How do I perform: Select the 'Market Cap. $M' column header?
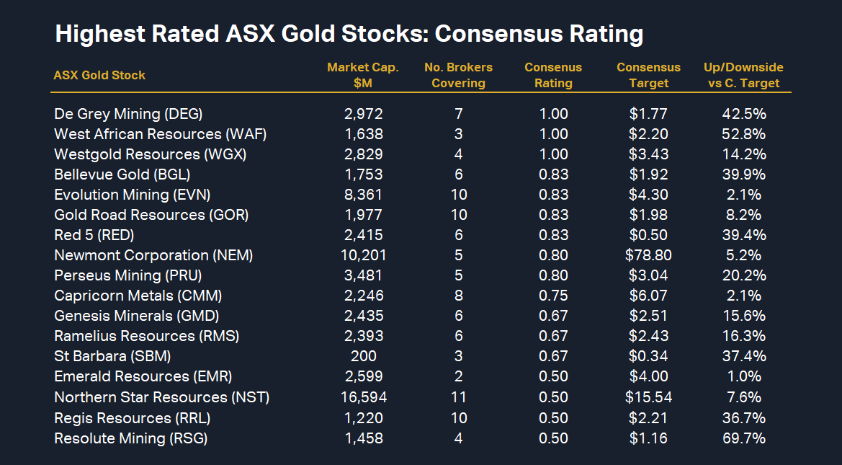click(363, 75)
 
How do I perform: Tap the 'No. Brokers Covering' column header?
click(458, 75)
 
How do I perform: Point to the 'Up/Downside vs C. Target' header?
click(743, 75)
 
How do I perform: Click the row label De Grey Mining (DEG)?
click(128, 114)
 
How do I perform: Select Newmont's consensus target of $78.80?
click(648, 255)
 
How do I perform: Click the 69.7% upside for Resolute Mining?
click(743, 438)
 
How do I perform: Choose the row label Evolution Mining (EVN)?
click(132, 195)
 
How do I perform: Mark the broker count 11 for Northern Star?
click(458, 397)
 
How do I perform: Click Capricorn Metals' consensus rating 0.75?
click(553, 296)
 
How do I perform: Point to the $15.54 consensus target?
click(648, 397)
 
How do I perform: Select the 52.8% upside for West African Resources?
click(743, 134)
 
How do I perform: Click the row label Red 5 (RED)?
click(94, 235)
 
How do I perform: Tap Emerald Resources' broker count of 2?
click(458, 376)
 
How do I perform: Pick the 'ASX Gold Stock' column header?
click(99, 75)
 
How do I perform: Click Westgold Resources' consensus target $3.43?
click(648, 154)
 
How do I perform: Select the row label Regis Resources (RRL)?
click(132, 418)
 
